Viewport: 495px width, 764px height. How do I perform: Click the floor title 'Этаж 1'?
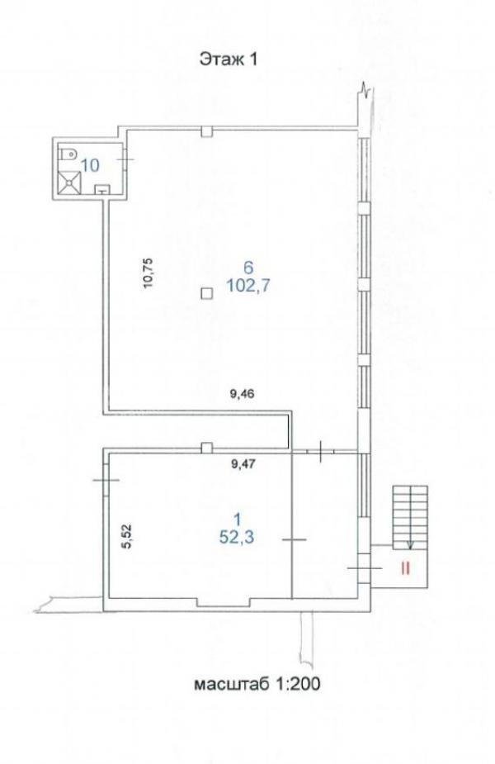click(228, 59)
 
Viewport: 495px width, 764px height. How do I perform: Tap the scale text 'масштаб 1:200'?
click(257, 684)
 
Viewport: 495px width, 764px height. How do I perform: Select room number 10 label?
click(90, 165)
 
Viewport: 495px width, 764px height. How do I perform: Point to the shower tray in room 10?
click(69, 182)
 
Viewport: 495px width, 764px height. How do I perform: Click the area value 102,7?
click(248, 285)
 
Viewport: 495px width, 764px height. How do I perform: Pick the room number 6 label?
click(248, 267)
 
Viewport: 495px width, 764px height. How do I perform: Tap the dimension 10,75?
click(148, 273)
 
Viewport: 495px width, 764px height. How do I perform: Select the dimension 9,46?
click(242, 394)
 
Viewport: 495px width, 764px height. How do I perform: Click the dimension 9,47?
click(243, 464)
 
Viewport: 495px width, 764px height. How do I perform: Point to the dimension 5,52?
click(126, 537)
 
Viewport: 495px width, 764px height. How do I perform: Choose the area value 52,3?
click(237, 537)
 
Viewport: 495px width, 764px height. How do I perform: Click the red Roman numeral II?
click(405, 568)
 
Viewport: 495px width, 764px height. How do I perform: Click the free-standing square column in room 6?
click(207, 293)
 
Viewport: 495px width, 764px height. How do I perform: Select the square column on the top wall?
click(207, 131)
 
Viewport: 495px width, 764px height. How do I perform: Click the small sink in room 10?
click(102, 189)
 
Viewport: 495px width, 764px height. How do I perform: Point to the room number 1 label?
click(238, 520)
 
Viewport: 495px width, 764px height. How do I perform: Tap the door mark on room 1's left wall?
click(106, 480)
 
